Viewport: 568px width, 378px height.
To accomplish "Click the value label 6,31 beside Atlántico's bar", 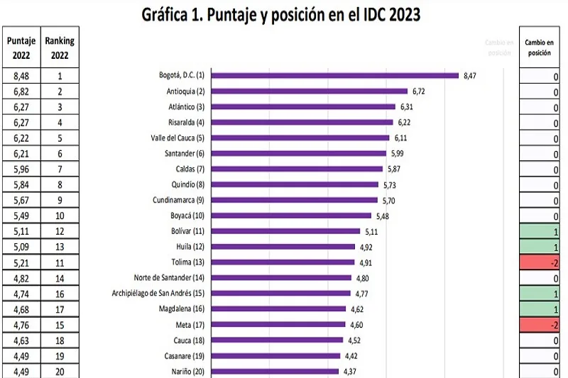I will [406, 107].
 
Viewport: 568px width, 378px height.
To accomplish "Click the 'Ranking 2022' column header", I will [59, 48].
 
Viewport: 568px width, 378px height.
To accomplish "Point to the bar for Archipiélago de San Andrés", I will [281, 293].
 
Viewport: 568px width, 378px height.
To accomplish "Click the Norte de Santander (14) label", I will [169, 277].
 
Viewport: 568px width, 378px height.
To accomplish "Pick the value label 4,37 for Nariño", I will [350, 371].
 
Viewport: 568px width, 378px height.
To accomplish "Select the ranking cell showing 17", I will [59, 308].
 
